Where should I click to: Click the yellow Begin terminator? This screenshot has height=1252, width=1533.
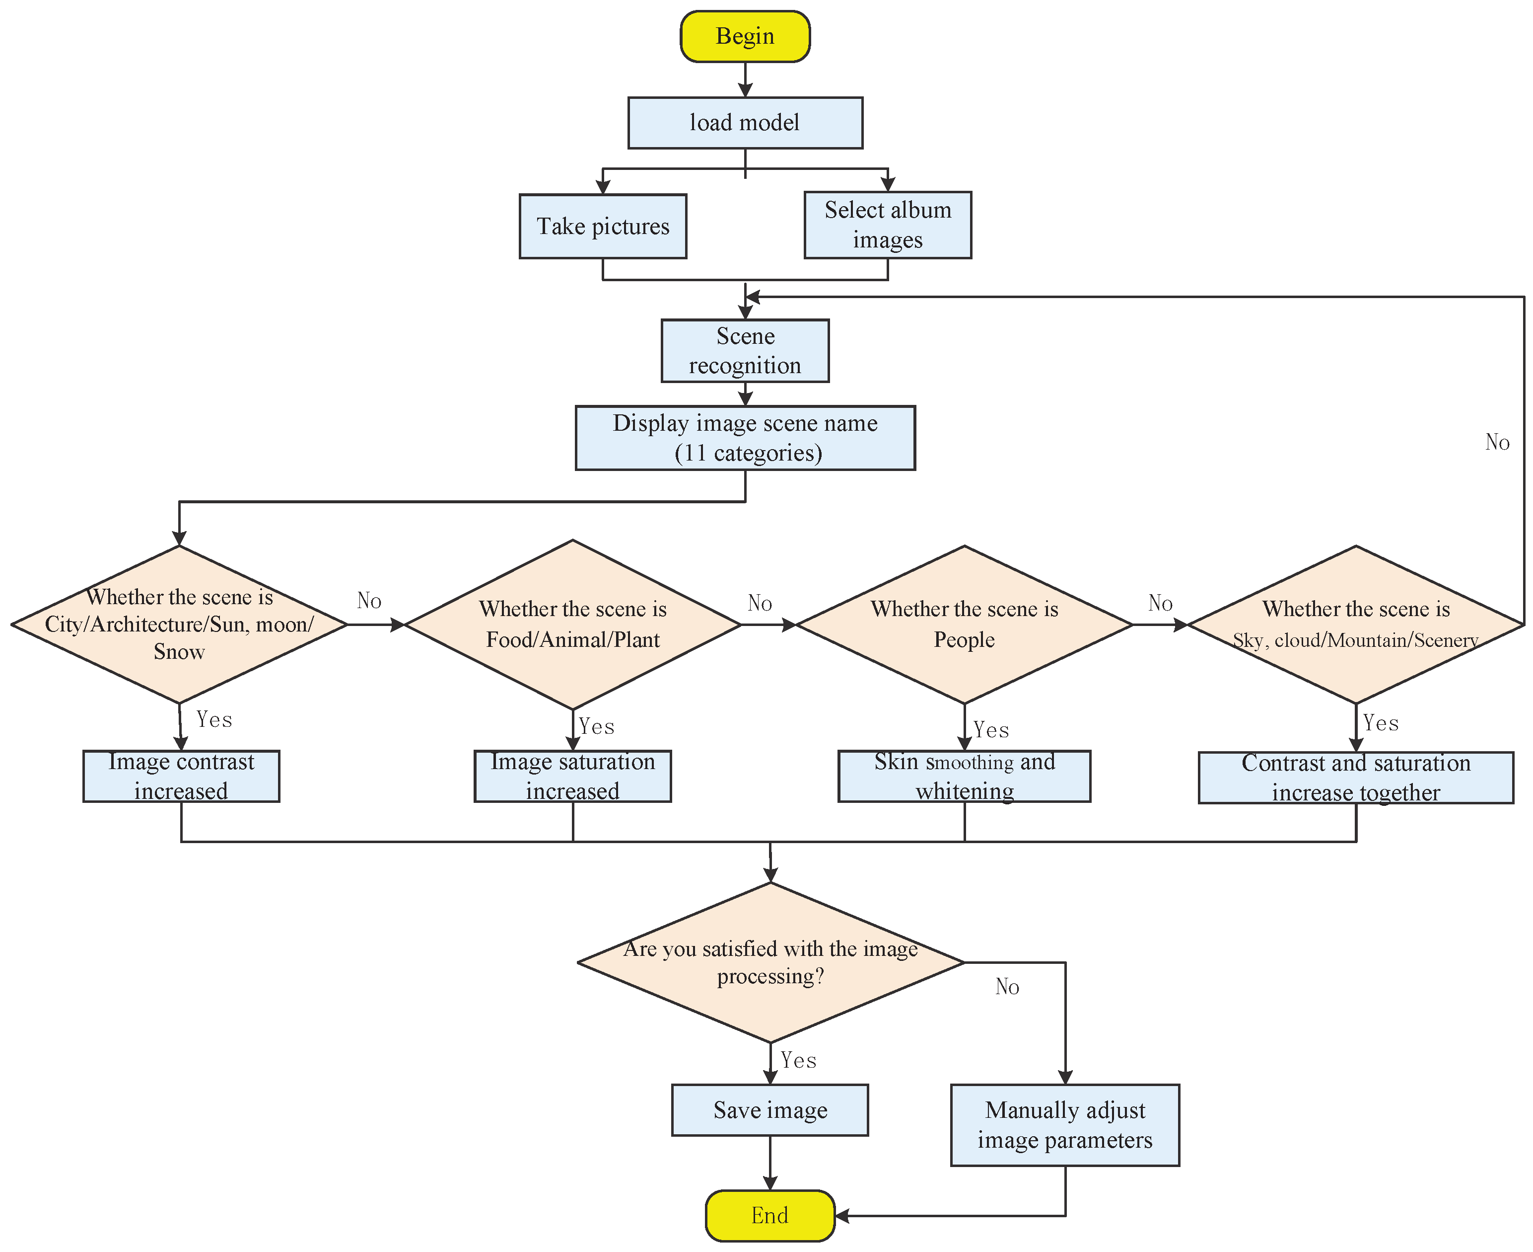pyautogui.click(x=745, y=36)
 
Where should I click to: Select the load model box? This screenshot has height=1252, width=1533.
pyautogui.click(x=745, y=123)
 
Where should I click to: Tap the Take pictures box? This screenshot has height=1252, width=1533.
pyautogui.click(x=603, y=227)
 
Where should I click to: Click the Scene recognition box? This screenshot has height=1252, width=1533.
pyautogui.click(x=745, y=350)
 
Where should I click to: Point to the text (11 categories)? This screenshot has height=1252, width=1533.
pyautogui.click(x=748, y=453)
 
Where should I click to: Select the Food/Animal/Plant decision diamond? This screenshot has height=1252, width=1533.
pyautogui.click(x=572, y=625)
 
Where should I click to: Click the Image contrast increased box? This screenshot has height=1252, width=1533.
pyautogui.click(x=181, y=776)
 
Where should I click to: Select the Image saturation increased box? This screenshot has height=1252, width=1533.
pyautogui.click(x=572, y=776)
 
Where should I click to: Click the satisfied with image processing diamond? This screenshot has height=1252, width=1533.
pyautogui.click(x=770, y=962)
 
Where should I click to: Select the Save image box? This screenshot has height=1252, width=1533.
pyautogui.click(x=770, y=1110)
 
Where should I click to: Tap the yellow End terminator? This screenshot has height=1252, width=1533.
pyautogui.click(x=770, y=1216)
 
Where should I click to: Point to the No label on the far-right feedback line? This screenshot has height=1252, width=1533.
pyautogui.click(x=1497, y=442)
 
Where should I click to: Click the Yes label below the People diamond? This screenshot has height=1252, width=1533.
pyautogui.click(x=991, y=730)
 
